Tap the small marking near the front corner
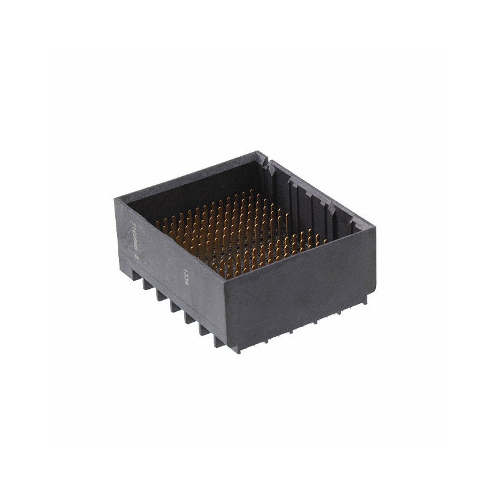pyautogui.click(x=184, y=273)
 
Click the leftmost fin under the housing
pyautogui.click(x=148, y=284)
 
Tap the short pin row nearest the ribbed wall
pyautogui.click(x=311, y=240)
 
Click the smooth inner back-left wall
pyautogui.click(x=199, y=187)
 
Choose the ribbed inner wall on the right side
pyautogui.click(x=317, y=199)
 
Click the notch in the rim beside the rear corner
pyautogui.click(x=270, y=162)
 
